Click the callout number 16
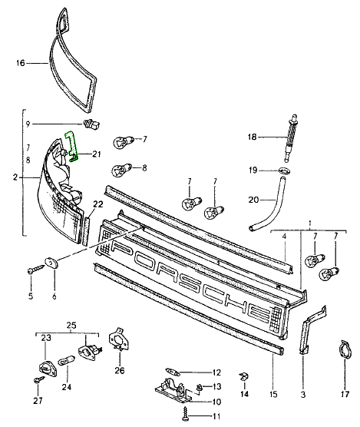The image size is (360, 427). coord(21,63)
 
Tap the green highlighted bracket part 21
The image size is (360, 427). coord(72,146)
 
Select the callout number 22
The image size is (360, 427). coord(98,204)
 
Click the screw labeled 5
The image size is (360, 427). coord(36,269)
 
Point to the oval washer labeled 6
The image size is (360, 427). coord(51,262)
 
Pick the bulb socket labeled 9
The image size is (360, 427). coord(91,124)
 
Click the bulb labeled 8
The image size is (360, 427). coord(121,170)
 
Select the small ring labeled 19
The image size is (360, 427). coord(285,171)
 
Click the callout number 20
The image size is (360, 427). coord(253,200)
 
